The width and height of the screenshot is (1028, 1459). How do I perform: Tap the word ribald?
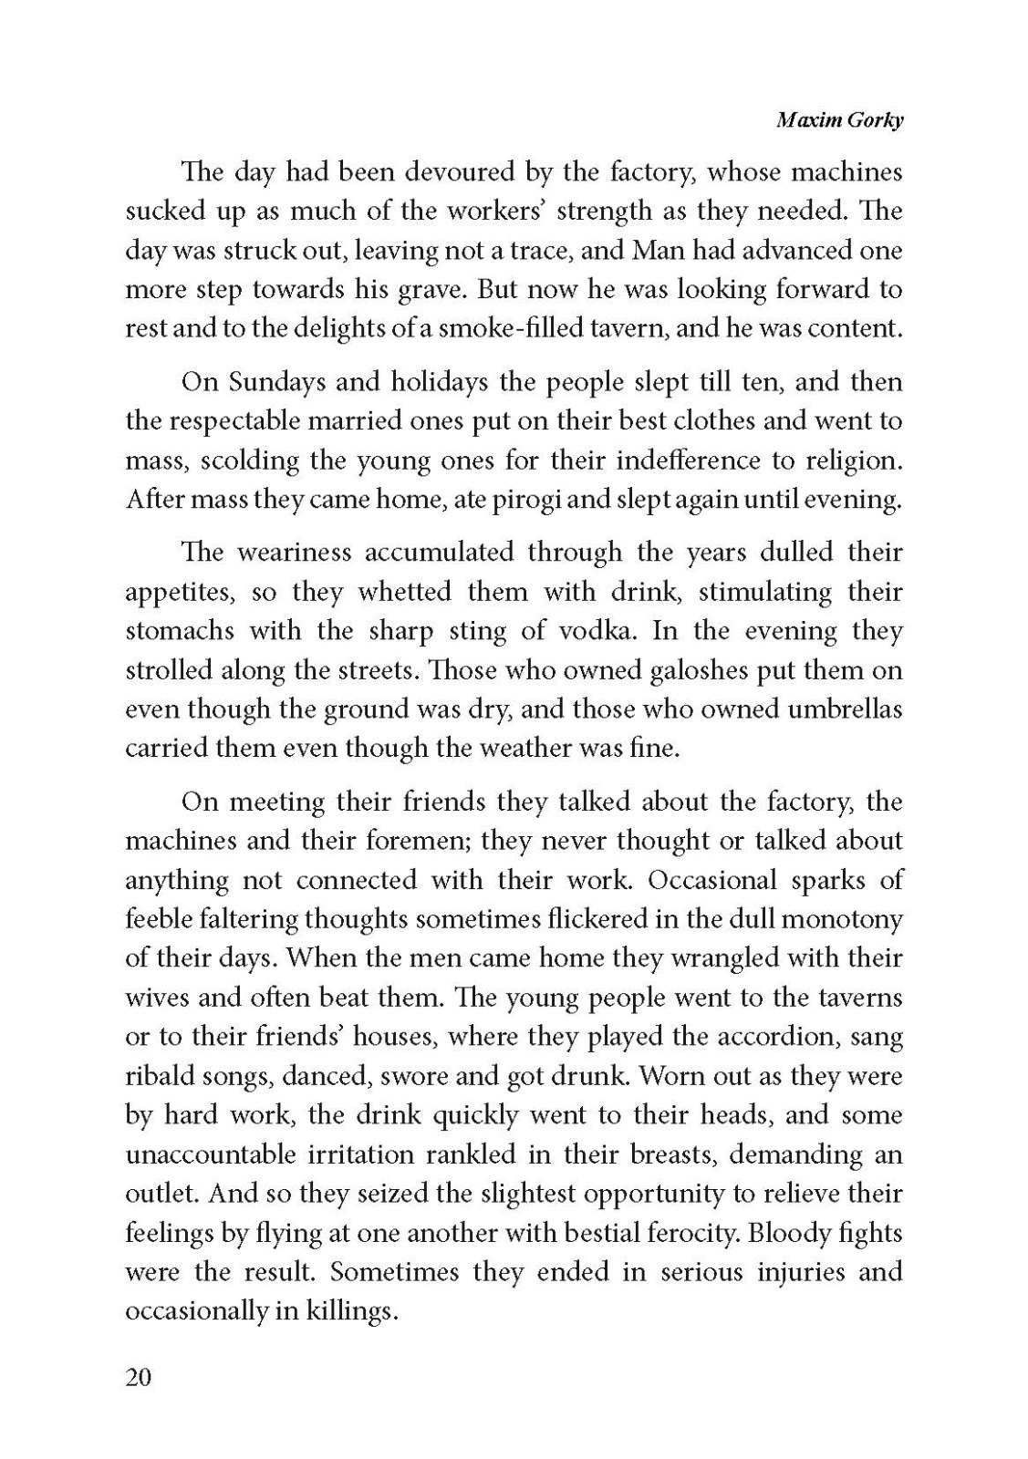tap(153, 1076)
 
